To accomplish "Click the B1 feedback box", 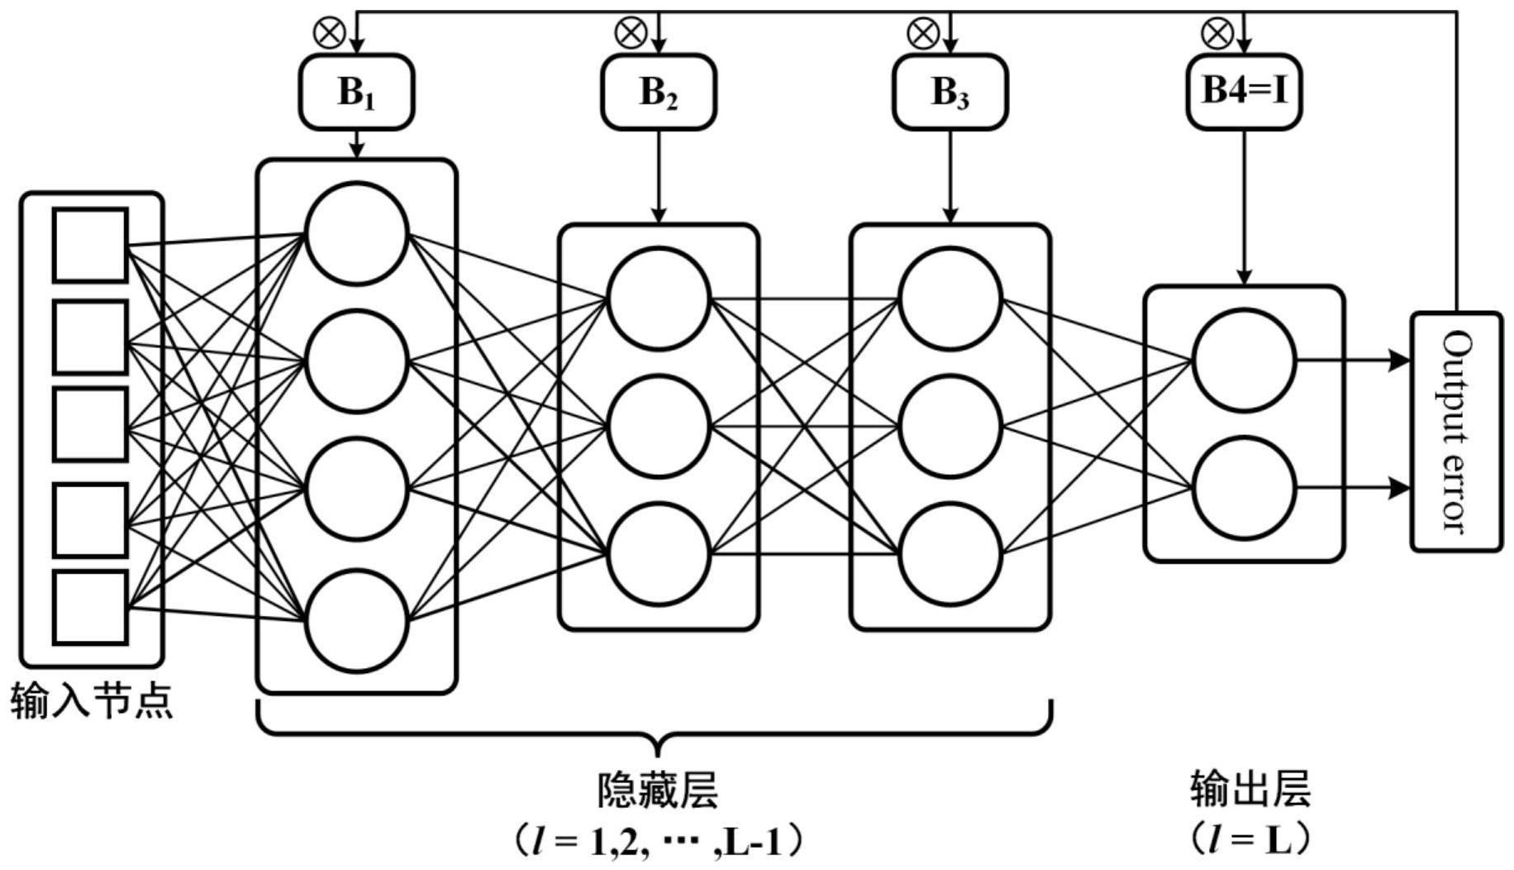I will (x=356, y=92).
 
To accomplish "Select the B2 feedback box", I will (x=658, y=92).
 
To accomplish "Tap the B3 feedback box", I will (x=950, y=92).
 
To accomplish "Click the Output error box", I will (x=1456, y=431).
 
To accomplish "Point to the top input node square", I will (x=90, y=246).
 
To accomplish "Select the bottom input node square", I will (x=90, y=607).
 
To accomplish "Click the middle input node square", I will (x=90, y=424).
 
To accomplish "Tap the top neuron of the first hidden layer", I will (x=356, y=233).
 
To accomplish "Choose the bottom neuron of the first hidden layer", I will (x=356, y=620).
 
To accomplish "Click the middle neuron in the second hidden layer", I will (x=658, y=427).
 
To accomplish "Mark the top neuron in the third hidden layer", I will (x=950, y=299).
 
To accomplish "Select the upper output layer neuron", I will (x=1243, y=361).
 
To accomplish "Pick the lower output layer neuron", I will (x=1243, y=488).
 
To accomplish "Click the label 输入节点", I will (x=92, y=701).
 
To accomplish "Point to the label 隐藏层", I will (x=657, y=790).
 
